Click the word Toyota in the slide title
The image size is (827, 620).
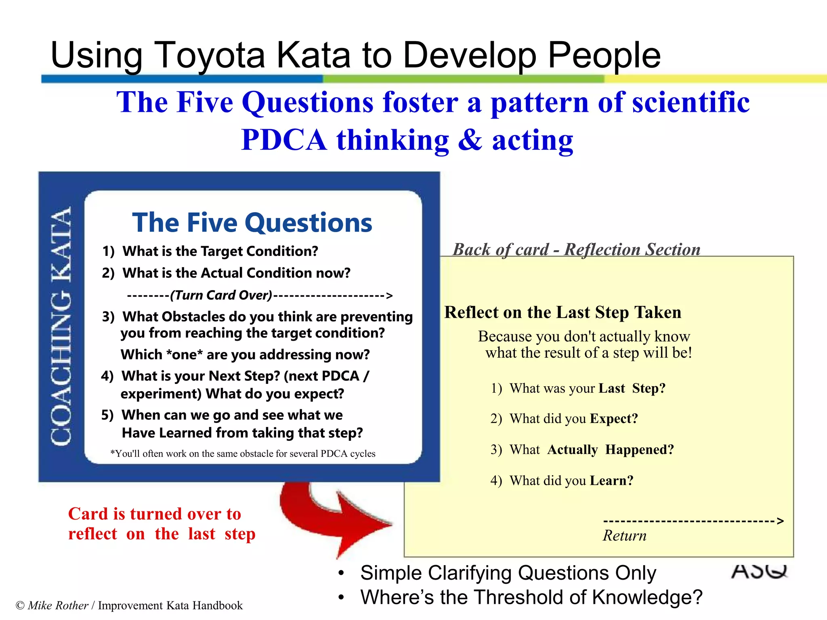coord(209,55)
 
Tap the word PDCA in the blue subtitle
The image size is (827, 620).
coord(283,140)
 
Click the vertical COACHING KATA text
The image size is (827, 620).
coord(61,326)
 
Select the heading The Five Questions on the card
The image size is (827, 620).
coord(252,222)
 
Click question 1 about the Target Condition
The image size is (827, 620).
coord(210,251)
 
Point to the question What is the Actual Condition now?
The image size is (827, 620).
coord(226,273)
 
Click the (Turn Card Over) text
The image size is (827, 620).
coord(221,295)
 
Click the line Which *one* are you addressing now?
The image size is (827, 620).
coord(245,354)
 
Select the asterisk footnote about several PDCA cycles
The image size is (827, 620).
coord(243,454)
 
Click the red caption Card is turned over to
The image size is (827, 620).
coord(155,514)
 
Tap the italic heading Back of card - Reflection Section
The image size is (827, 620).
coord(576,249)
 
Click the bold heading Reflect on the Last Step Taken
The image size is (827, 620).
coord(563,312)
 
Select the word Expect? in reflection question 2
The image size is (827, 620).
coord(614,419)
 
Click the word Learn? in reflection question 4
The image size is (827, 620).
coord(611,480)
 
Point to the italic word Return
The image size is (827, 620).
coord(624,536)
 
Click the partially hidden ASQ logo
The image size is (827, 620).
coord(759,571)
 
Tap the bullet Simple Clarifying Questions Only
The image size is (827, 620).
coord(508,573)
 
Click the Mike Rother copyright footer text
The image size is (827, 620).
coord(129,605)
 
